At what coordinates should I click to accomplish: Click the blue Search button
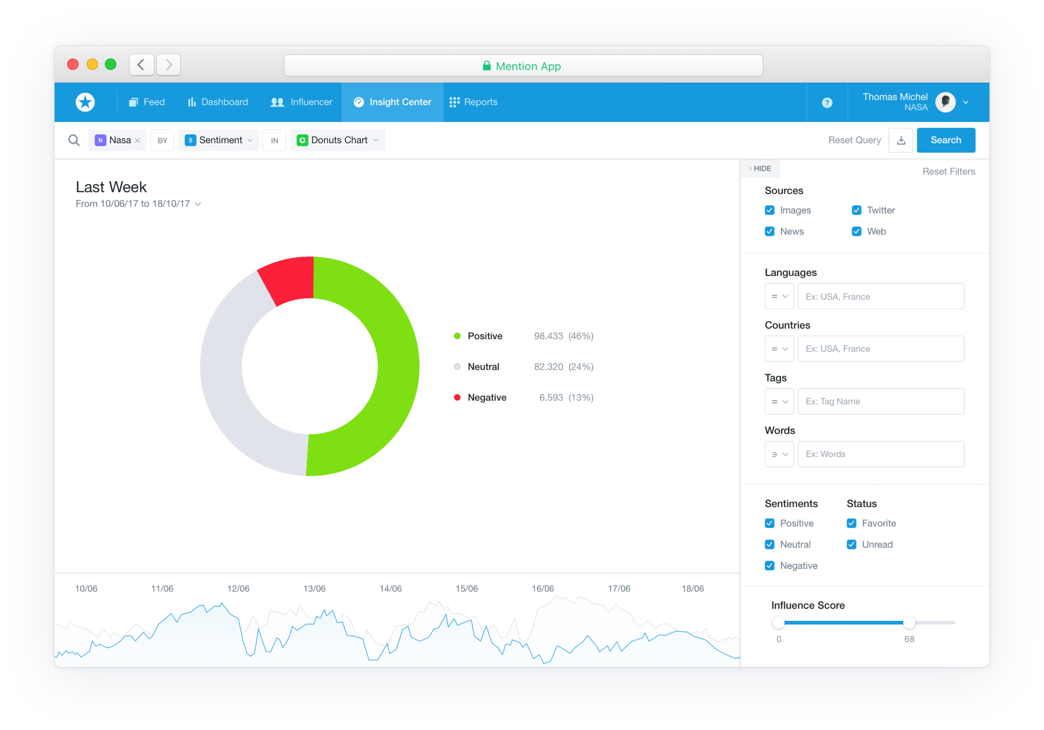click(x=945, y=140)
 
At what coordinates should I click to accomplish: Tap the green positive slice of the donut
click(x=387, y=364)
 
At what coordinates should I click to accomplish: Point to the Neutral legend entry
click(x=483, y=367)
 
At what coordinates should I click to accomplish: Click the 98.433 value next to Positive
click(x=548, y=336)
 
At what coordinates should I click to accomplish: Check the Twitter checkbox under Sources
click(x=856, y=210)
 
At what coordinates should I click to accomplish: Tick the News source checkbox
click(x=770, y=232)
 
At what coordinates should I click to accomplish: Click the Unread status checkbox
click(x=851, y=545)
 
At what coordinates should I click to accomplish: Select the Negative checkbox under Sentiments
click(x=770, y=566)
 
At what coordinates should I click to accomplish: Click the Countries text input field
click(x=880, y=349)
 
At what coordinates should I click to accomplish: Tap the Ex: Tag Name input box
click(x=880, y=401)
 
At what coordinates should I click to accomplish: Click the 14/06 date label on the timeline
click(x=390, y=588)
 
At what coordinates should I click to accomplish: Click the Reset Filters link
click(x=948, y=172)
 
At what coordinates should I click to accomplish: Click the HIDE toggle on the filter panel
click(x=760, y=168)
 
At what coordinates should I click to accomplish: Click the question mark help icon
click(x=827, y=103)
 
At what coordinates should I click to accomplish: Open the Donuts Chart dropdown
click(x=338, y=140)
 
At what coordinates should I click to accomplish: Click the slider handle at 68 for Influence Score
click(x=909, y=622)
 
